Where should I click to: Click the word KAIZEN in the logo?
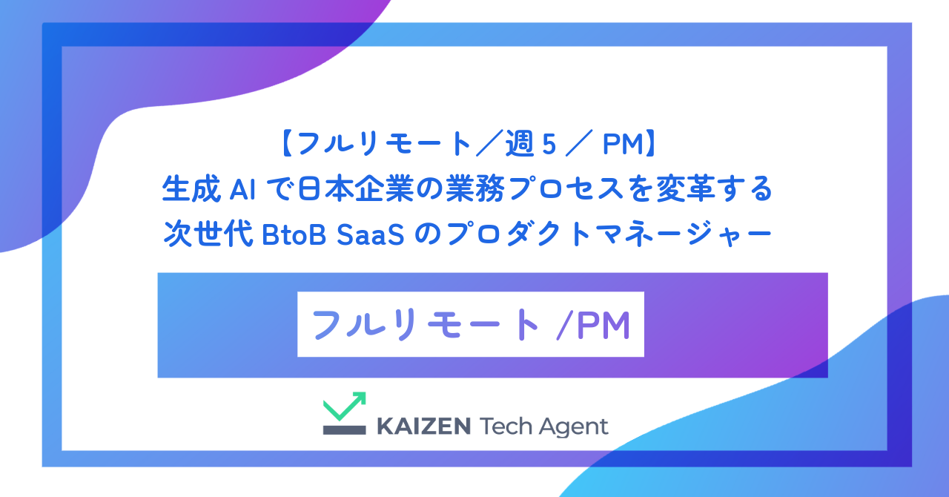click(423, 427)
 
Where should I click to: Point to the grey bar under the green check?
click(344, 429)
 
